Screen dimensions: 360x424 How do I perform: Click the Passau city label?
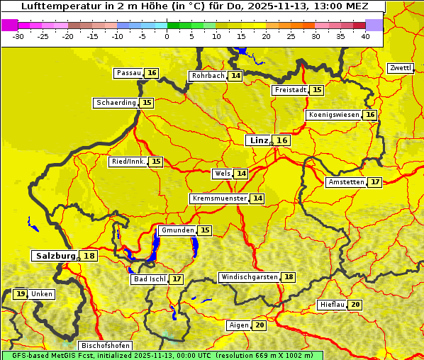pos(129,73)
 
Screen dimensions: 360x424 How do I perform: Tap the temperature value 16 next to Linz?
pos(282,140)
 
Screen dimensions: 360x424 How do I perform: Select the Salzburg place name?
pos(55,256)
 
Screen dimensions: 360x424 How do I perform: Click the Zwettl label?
pos(401,68)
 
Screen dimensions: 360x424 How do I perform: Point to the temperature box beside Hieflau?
pos(355,305)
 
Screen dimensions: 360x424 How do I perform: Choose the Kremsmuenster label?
pos(219,198)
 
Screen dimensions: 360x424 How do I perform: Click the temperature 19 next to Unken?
pos(21,294)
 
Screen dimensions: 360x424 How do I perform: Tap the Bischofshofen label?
pos(105,346)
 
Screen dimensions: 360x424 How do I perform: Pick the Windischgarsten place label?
pos(249,277)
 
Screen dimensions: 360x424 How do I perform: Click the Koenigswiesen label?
pos(333,115)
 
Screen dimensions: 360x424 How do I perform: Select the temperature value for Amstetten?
pos(375,182)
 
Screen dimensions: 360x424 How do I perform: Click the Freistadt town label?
pos(290,90)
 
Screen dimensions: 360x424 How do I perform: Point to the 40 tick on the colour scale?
pos(365,35)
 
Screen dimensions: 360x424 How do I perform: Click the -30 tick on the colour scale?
pos(18,35)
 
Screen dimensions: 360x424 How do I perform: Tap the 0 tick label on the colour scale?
pos(167,35)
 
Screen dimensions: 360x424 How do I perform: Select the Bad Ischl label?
pos(149,279)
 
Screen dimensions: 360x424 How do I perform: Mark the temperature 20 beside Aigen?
pos(260,325)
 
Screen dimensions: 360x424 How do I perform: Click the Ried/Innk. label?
pos(128,162)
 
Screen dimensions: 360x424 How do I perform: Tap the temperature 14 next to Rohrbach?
pos(235,76)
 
